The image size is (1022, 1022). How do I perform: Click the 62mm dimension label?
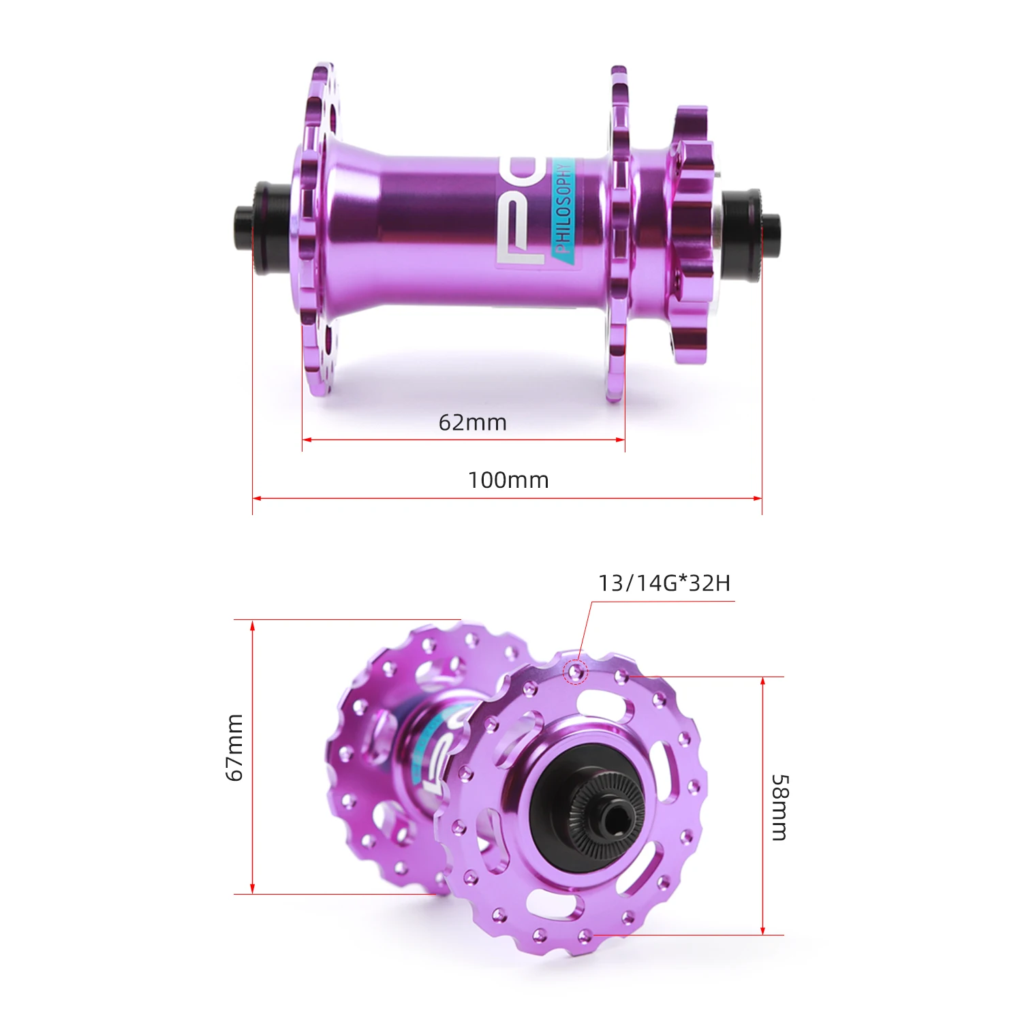pyautogui.click(x=472, y=422)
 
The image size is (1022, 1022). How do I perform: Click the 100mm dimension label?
pyautogui.click(x=508, y=480)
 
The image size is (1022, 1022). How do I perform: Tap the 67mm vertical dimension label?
pyautogui.click(x=234, y=747)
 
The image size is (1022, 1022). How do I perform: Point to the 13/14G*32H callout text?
pyautogui.click(x=664, y=583)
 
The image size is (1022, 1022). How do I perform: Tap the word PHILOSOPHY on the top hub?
pyautogui.click(x=563, y=208)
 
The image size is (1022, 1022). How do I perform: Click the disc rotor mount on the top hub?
pyautogui.click(x=691, y=235)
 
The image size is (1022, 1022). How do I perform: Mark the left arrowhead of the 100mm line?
pyautogui.click(x=257, y=498)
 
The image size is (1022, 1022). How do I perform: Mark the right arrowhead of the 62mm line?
pyautogui.click(x=621, y=439)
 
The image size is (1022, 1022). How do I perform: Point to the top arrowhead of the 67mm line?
pyautogui.click(x=252, y=625)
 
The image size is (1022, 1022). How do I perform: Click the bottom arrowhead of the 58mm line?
pyautogui.click(x=762, y=930)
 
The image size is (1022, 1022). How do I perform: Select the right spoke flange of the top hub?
pyautogui.click(x=618, y=232)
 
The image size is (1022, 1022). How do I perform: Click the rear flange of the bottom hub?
pyautogui.click(x=382, y=749)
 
